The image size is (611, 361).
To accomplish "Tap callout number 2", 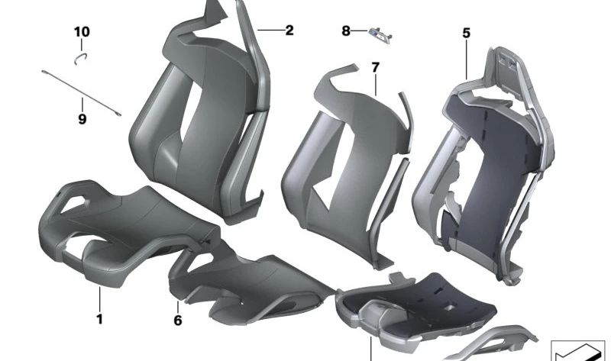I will [x=289, y=31].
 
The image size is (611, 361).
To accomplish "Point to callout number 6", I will [x=178, y=321].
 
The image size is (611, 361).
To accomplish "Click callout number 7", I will [x=375, y=68].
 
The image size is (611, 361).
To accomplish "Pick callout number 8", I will [x=346, y=31].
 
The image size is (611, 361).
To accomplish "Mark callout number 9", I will [x=82, y=119].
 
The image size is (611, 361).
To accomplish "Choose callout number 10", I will [x=82, y=32].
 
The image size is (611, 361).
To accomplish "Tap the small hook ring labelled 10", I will [x=82, y=56].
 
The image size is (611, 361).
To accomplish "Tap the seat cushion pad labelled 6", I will [x=244, y=282].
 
